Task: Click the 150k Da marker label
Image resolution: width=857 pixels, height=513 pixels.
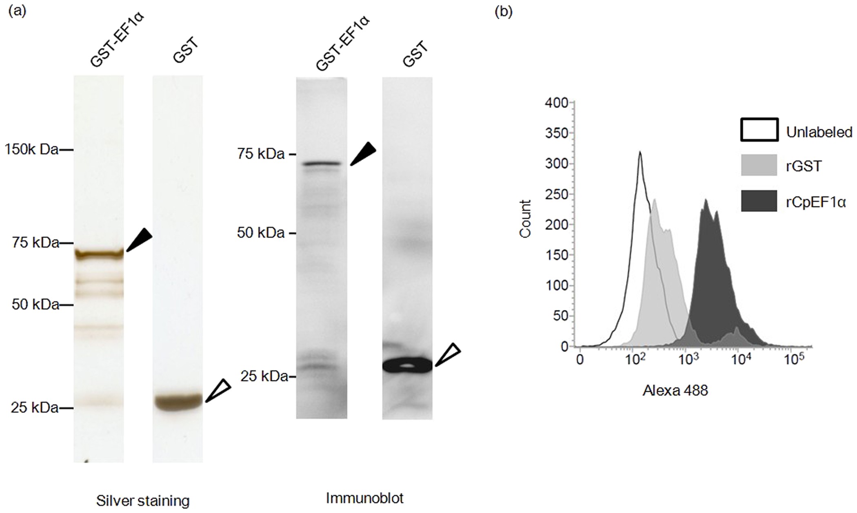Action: [31, 150]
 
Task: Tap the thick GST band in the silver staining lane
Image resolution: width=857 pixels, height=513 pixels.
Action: [178, 402]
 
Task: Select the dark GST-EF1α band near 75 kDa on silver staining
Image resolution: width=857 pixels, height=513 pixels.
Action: [99, 254]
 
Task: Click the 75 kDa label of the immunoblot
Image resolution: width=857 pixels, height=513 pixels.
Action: [261, 154]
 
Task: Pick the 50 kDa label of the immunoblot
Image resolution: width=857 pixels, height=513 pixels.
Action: [261, 233]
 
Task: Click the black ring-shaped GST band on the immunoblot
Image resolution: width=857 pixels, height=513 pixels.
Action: [407, 366]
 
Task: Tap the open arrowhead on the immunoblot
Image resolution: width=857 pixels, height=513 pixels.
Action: [448, 354]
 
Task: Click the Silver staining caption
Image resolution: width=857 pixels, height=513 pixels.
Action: [143, 501]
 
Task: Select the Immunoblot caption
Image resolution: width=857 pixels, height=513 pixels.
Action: [364, 498]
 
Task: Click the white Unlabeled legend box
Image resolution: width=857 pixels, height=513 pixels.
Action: [759, 130]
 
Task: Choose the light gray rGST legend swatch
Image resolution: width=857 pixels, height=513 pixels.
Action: [759, 165]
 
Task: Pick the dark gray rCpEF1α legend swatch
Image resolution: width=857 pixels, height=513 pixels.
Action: [759, 201]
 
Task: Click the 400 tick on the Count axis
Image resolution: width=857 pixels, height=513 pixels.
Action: [557, 103]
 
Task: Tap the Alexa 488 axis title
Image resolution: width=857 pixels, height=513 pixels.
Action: [675, 391]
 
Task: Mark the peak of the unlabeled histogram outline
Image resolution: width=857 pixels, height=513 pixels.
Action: [640, 152]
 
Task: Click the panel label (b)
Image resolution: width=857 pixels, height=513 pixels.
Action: [503, 12]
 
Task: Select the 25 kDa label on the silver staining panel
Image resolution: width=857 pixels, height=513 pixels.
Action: [35, 407]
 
